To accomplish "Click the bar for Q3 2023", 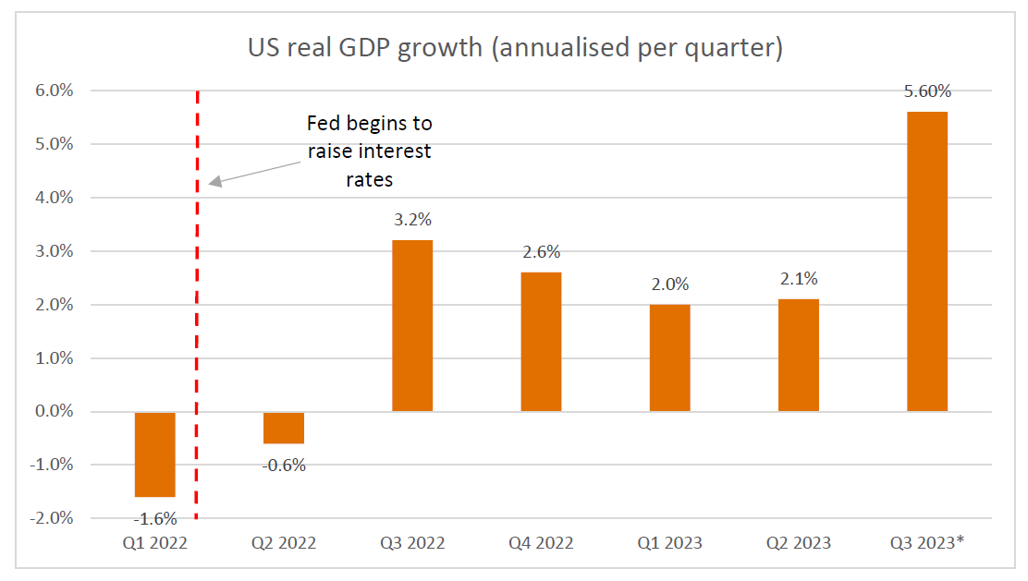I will click(926, 261).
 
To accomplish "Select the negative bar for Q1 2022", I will click(155, 454).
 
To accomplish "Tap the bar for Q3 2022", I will click(412, 325).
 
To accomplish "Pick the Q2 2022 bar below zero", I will click(284, 428).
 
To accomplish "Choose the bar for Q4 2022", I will click(541, 342).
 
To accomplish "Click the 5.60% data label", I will click(926, 91).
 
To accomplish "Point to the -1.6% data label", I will click(155, 518).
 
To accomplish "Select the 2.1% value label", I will click(798, 279).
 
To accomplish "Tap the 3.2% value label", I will click(412, 221).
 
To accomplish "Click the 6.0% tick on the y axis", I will click(55, 91).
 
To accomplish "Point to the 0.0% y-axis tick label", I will click(55, 411).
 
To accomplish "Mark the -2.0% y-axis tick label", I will click(53, 518).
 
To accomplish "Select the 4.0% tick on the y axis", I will click(55, 198).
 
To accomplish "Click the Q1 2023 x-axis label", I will click(669, 543).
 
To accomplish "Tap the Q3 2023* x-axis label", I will click(928, 543).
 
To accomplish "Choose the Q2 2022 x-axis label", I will click(284, 543).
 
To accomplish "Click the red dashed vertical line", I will click(198, 305).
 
